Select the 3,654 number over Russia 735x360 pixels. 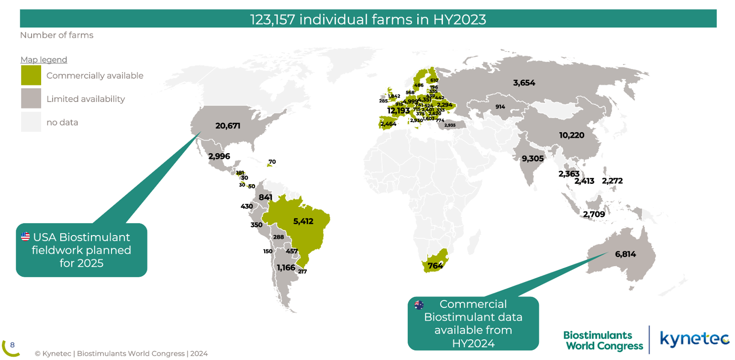tap(524, 83)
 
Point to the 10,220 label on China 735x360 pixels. tap(571, 135)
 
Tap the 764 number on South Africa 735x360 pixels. tap(435, 266)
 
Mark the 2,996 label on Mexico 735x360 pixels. tap(219, 156)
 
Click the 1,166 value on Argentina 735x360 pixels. tap(286, 268)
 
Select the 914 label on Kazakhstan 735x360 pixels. tap(500, 106)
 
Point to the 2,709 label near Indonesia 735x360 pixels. tap(593, 214)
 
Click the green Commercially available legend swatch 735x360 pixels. tap(31, 76)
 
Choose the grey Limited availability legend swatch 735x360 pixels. tap(31, 99)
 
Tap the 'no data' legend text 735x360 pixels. tap(62, 122)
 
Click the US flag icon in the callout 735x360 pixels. tap(25, 236)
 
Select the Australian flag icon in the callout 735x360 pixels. tap(419, 305)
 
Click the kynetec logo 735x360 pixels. tap(694, 338)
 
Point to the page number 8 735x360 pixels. tap(12, 345)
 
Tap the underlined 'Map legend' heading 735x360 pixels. tap(44, 60)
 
